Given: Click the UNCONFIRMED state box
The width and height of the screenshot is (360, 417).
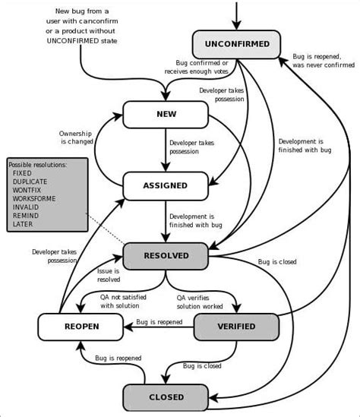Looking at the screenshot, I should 236,44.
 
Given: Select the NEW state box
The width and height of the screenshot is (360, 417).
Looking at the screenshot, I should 165,115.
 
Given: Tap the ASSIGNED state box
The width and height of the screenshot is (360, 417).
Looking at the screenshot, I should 165,185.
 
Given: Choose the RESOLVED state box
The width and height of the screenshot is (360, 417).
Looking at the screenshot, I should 166,256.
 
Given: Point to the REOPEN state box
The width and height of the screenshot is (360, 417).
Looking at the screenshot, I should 80,327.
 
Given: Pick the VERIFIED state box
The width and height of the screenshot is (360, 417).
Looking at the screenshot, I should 235,327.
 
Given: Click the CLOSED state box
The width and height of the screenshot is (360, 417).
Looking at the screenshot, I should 165,396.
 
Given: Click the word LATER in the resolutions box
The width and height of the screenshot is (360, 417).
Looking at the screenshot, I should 24,225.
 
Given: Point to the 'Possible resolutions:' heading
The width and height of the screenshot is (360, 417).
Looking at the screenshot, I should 38,164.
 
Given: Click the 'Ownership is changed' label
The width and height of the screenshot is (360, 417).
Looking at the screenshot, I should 77,137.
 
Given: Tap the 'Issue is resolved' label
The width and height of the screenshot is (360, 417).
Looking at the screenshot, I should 109,275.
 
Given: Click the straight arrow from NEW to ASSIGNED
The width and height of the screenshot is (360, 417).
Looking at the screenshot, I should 165,150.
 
